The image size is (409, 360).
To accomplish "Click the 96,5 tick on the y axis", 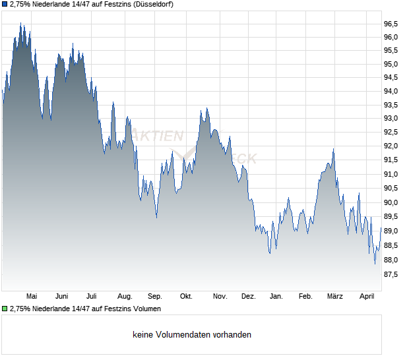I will [391, 24].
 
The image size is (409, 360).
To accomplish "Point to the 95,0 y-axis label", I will [391, 65].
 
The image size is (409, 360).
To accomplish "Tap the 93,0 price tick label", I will [391, 119].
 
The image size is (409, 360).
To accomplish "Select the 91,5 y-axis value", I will [391, 160].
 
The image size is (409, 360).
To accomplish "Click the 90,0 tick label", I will [391, 203].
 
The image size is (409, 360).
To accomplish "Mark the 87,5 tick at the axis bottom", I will [391, 274].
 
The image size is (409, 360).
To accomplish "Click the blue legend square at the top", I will [5, 4].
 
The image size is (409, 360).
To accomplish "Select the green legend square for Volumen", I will [5, 309].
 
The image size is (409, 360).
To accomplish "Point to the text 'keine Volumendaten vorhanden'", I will [192, 335].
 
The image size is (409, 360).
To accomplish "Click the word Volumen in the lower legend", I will [144, 309].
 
